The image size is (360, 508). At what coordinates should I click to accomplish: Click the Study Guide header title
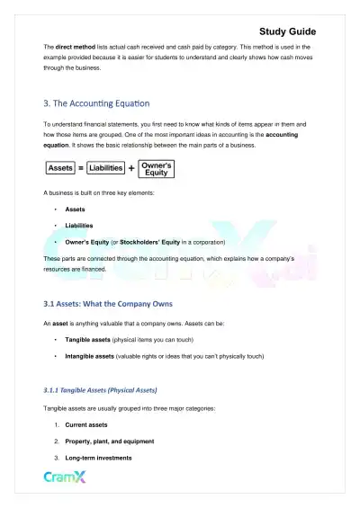[307, 31]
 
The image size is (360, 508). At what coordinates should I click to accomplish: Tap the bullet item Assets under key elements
[76, 209]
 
